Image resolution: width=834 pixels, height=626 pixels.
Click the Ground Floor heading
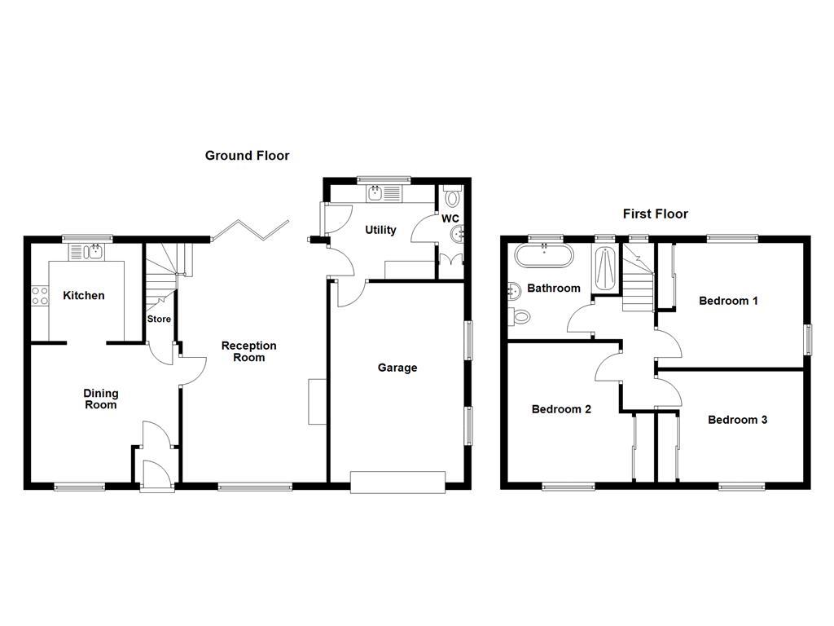pos(247,156)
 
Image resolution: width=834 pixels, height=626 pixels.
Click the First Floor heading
pos(655,214)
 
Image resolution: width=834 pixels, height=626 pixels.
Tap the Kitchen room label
pos(84,295)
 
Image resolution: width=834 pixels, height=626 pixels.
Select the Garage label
pos(397,368)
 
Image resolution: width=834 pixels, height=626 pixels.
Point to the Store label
pos(159,319)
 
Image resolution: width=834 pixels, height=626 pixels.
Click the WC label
pos(450,219)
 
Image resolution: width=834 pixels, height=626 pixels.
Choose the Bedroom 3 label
pos(737,420)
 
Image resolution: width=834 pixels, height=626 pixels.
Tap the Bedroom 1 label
pos(728,301)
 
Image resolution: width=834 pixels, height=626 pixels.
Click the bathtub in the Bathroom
pos(543,256)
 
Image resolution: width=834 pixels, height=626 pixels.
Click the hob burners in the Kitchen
pos(40,296)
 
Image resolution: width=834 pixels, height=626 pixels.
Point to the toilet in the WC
pos(454,197)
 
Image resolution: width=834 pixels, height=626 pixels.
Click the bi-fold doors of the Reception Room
pos(250,229)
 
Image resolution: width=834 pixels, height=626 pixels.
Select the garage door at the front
pos(397,482)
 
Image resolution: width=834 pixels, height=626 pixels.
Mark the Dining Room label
pos(100,399)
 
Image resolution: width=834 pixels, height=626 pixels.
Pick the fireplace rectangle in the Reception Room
pos(315,401)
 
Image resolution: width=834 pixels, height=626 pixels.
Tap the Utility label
pos(380,230)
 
